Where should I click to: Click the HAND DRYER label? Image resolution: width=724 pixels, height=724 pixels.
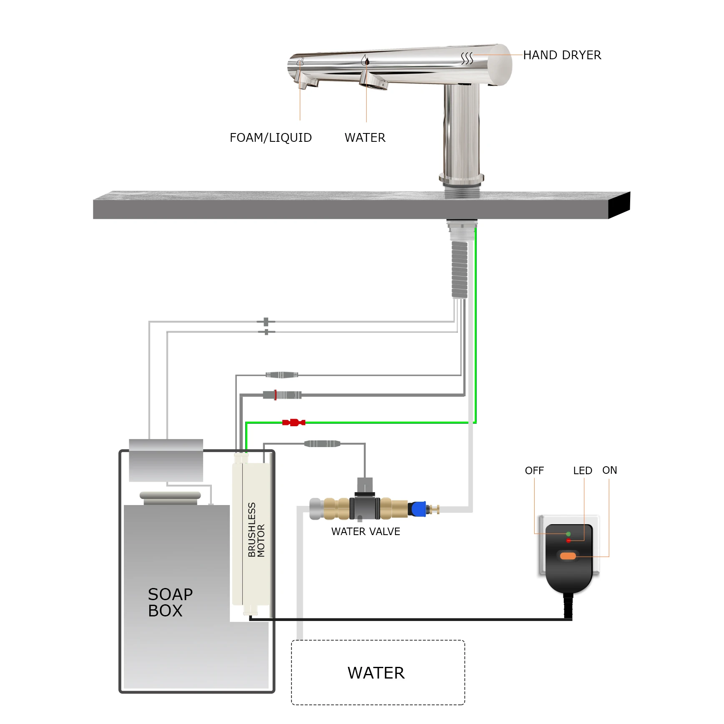click(562, 55)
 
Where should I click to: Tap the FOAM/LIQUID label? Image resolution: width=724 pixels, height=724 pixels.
click(271, 138)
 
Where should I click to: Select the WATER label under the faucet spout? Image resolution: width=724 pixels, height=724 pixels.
click(365, 138)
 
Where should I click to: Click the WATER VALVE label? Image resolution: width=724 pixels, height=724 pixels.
click(365, 531)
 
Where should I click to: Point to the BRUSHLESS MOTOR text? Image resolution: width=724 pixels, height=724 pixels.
click(256, 530)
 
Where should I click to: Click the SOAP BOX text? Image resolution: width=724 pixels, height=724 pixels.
click(170, 602)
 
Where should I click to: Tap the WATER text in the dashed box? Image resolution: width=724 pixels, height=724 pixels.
click(376, 673)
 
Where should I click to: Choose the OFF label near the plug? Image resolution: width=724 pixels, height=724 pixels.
click(534, 470)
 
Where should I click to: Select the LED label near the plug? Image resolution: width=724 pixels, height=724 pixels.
click(583, 470)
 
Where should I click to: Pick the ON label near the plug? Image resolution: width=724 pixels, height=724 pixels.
click(609, 470)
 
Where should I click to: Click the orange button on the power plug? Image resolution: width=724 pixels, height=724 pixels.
click(568, 556)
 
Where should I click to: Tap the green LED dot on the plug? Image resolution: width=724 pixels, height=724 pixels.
click(568, 534)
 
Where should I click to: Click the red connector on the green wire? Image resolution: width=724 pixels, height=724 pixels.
click(294, 422)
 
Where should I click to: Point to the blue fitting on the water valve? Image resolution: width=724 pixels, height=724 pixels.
click(418, 509)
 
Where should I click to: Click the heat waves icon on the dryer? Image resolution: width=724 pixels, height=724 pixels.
click(467, 58)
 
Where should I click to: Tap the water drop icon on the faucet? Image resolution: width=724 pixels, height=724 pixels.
click(365, 61)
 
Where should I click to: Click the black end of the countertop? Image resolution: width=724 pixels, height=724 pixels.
click(619, 204)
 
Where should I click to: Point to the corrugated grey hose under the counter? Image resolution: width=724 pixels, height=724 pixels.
click(460, 270)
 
